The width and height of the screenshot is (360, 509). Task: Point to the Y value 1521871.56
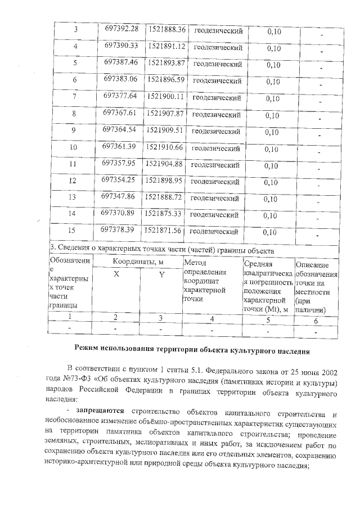click(163, 230)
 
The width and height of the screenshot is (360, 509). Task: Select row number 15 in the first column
click(71, 232)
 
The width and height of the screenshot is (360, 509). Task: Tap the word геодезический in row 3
click(218, 30)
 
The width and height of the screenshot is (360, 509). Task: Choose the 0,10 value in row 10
click(271, 150)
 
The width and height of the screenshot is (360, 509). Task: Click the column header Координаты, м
click(138, 262)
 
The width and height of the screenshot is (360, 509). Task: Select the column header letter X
click(116, 274)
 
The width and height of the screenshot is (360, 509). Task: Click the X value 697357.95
click(120, 164)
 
